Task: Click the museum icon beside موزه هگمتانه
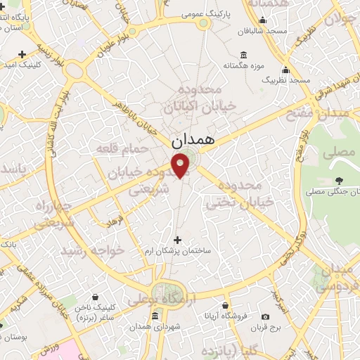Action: click(243, 56)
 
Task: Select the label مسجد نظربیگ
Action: click(286, 81)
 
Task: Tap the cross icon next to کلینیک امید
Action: click(22, 54)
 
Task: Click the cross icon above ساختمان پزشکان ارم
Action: click(176, 240)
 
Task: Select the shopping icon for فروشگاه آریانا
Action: click(225, 305)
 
